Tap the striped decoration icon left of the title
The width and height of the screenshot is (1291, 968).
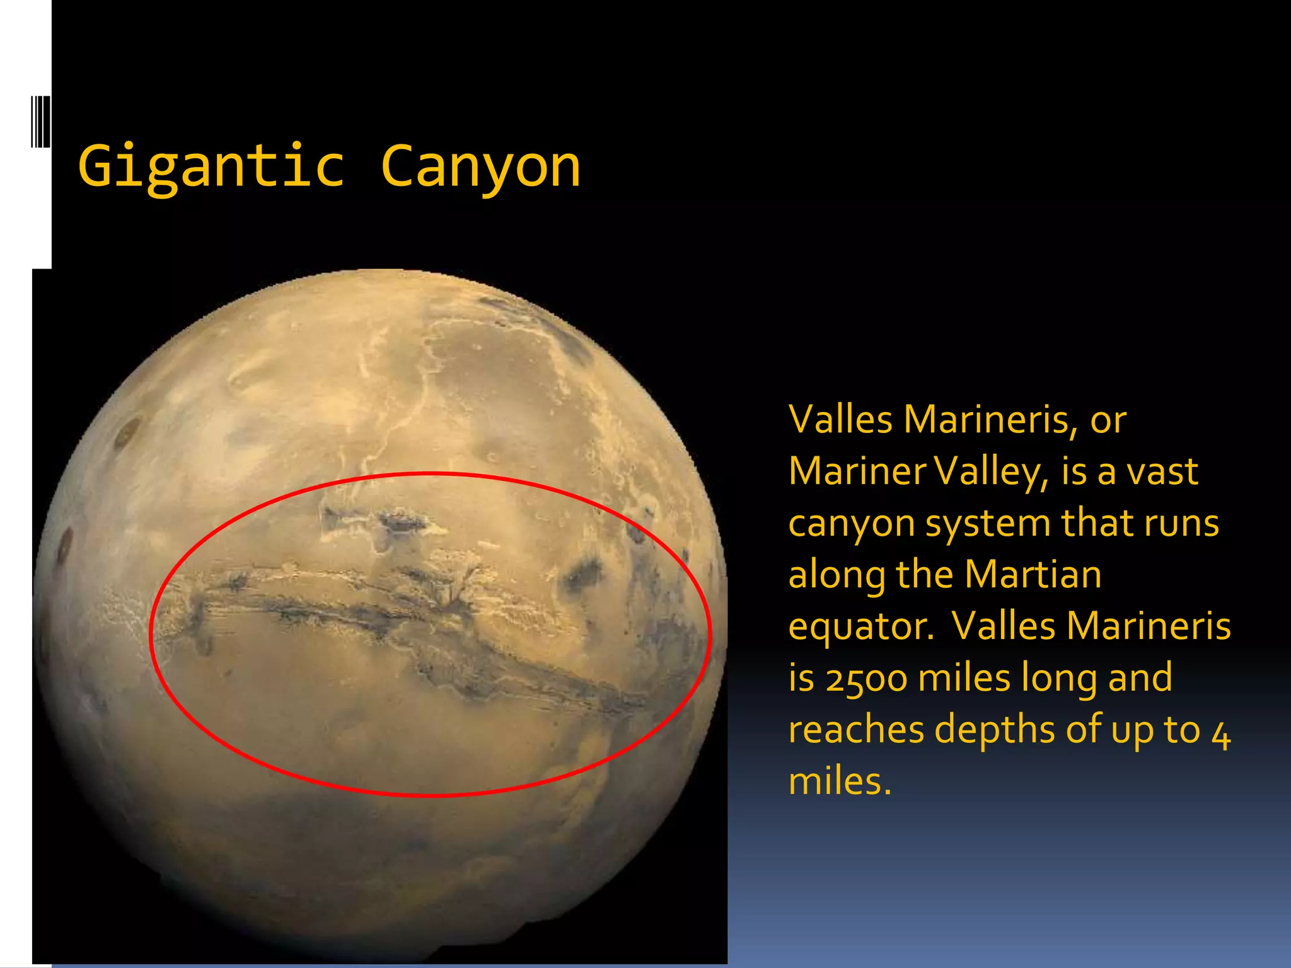tap(40, 121)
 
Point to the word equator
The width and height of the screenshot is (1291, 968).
tap(860, 628)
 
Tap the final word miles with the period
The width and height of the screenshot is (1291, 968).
tap(840, 782)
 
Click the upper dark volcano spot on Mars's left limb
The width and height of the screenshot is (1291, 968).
tap(127, 434)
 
